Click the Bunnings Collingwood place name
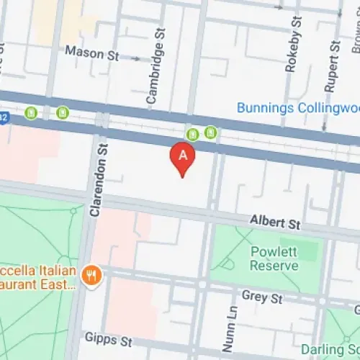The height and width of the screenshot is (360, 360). (x=298, y=108)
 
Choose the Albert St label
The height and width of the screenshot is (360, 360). (x=274, y=224)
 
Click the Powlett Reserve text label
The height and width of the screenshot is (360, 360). (x=274, y=258)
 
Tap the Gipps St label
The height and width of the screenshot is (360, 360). (x=99, y=337)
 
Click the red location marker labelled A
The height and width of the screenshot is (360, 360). (x=182, y=156)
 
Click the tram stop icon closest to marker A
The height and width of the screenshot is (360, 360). (x=192, y=134)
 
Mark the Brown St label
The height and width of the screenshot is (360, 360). (x=355, y=36)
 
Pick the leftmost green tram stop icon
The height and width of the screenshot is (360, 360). (x=31, y=113)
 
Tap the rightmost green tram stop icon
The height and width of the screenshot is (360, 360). (x=210, y=132)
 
